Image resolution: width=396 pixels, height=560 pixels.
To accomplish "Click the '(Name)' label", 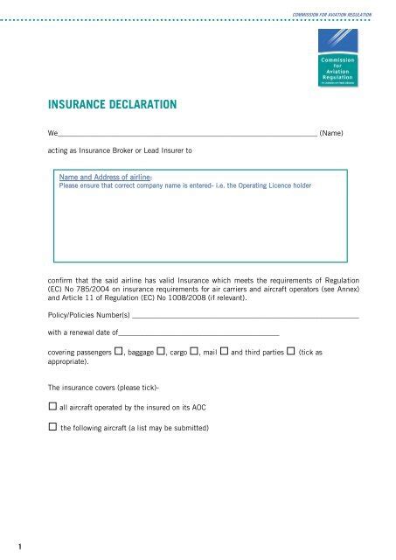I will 337,134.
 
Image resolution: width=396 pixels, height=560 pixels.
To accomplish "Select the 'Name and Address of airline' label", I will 104,177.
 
